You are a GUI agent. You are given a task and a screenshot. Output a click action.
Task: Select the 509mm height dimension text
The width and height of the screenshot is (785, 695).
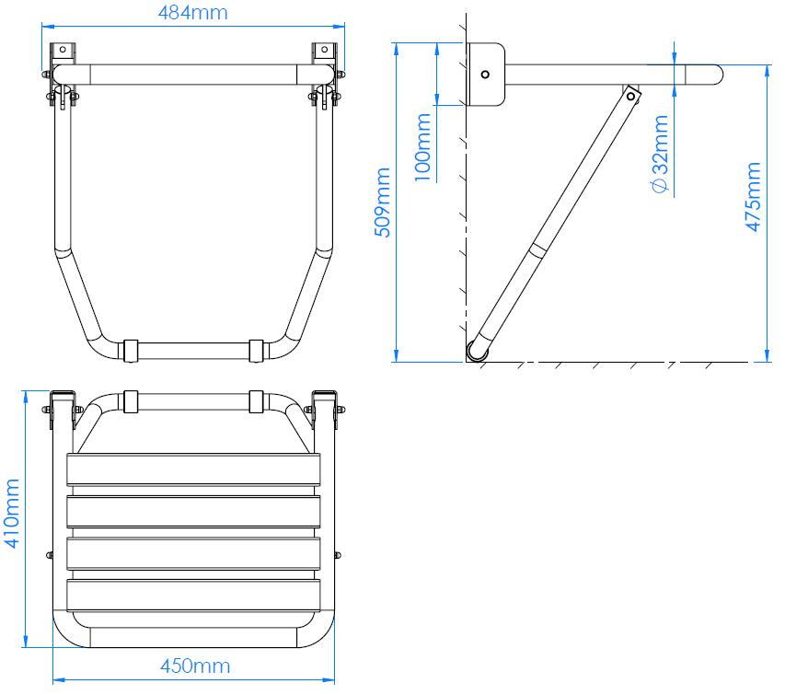(382, 202)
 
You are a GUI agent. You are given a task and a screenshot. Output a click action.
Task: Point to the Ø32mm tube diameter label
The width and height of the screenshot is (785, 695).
(659, 153)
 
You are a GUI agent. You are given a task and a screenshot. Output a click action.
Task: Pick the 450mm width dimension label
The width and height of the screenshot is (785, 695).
(195, 666)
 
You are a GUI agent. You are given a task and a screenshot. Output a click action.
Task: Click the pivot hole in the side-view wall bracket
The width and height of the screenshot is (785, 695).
(486, 75)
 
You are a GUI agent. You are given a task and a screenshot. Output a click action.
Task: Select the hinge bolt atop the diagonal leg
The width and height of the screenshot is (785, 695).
(630, 95)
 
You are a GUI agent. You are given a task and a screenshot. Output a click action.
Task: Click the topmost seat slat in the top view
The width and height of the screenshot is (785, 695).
(193, 471)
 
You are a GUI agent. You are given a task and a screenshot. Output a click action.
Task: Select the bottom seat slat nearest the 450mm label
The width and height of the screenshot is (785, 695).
(193, 596)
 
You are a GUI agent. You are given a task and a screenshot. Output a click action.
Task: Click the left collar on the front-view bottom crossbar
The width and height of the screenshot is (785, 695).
(130, 350)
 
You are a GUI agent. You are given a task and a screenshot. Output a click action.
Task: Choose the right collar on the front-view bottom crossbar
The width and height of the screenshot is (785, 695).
(257, 350)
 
